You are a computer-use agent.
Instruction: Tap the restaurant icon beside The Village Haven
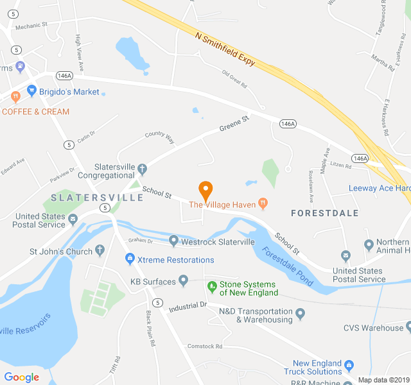coord(263,203)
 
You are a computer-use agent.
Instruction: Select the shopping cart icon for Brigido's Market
coord(31,91)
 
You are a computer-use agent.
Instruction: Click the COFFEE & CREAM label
coord(35,112)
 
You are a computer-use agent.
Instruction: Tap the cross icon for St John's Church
coord(100,251)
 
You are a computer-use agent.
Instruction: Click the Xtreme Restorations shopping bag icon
coord(129,259)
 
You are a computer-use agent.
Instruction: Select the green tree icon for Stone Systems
coord(211,285)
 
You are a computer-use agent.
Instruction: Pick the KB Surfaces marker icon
coord(184,280)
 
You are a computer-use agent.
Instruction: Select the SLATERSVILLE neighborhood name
coord(97,198)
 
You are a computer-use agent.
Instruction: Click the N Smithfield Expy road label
coord(225,46)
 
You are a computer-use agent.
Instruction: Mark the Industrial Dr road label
coord(188,307)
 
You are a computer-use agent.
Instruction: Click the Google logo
coord(22,377)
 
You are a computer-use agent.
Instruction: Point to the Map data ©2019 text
coord(383,379)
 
